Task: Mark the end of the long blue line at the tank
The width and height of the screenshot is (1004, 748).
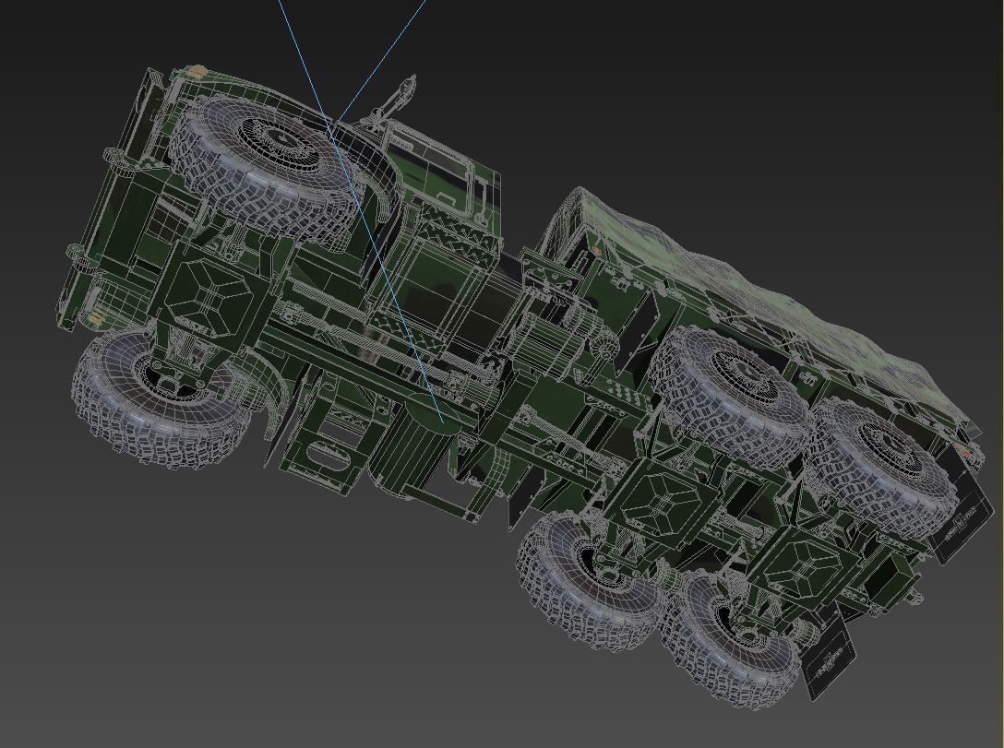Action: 441,421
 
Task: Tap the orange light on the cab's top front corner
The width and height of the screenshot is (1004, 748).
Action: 195,71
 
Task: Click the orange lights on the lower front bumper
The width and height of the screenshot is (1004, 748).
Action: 94,318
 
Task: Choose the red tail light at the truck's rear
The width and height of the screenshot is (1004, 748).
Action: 964,452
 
